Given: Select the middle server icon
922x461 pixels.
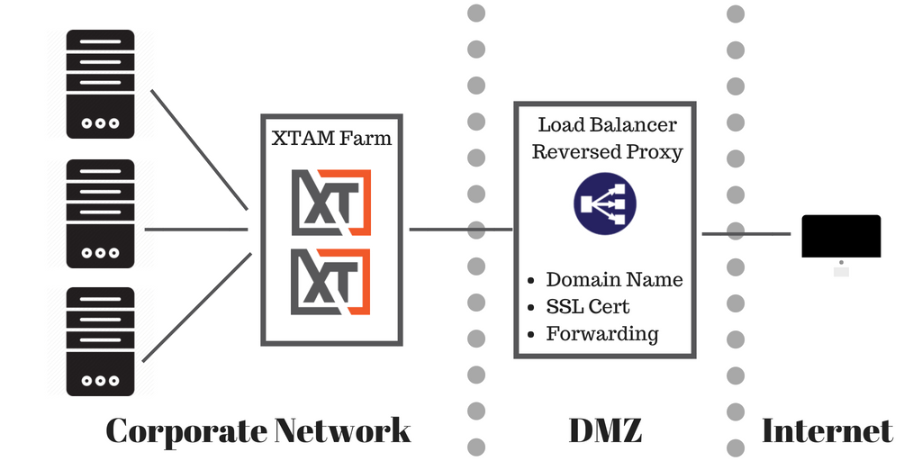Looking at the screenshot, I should point(100,213).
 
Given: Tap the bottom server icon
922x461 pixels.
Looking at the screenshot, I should point(100,341).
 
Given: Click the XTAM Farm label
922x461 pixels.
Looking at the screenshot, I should point(331,140).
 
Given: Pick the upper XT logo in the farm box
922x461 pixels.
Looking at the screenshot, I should point(331,203).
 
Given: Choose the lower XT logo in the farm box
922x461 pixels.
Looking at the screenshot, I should point(331,280).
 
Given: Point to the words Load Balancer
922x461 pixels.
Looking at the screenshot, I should point(607,125).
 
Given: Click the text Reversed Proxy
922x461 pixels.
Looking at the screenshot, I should point(607,151).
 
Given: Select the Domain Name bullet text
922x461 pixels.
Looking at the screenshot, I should point(614,279).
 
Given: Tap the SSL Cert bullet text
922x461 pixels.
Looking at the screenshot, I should point(589,306).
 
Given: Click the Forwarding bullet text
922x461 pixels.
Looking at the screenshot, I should point(602,334).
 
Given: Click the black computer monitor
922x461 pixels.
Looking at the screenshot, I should point(841,237).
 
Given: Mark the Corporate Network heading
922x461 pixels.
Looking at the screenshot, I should point(258,430).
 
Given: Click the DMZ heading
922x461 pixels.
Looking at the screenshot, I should point(605,430).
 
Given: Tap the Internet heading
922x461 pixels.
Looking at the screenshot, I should point(827,430).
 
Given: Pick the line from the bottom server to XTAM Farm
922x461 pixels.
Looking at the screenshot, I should point(198,306).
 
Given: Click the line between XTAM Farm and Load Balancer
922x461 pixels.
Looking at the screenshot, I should point(460,229).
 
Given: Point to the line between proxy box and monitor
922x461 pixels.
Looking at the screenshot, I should point(746,234).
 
